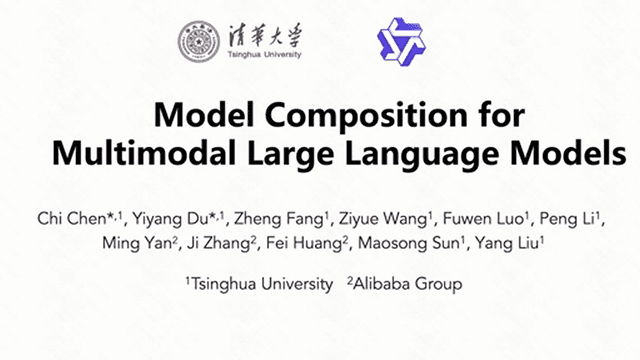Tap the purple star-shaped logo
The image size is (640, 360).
pos(400,42)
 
